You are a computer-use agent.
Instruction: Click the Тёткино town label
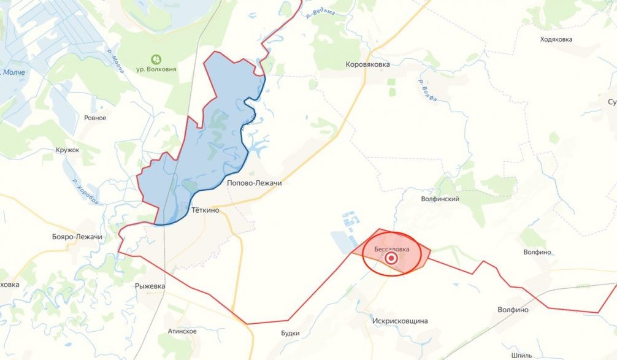pos(205,210)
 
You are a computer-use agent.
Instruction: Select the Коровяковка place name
pos(368,64)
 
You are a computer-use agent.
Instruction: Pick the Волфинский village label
pos(440,199)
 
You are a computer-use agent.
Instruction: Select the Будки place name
pos(289,333)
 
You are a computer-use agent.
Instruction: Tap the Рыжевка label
pos(150,286)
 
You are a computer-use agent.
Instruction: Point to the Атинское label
pos(182,331)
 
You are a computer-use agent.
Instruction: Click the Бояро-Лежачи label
pos(77,237)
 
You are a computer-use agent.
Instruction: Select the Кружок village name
pos(67,150)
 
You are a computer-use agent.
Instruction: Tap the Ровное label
pos(95,118)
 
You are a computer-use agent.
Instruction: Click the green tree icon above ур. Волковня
pos(156,59)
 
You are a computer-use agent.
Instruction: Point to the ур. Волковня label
pos(156,70)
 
